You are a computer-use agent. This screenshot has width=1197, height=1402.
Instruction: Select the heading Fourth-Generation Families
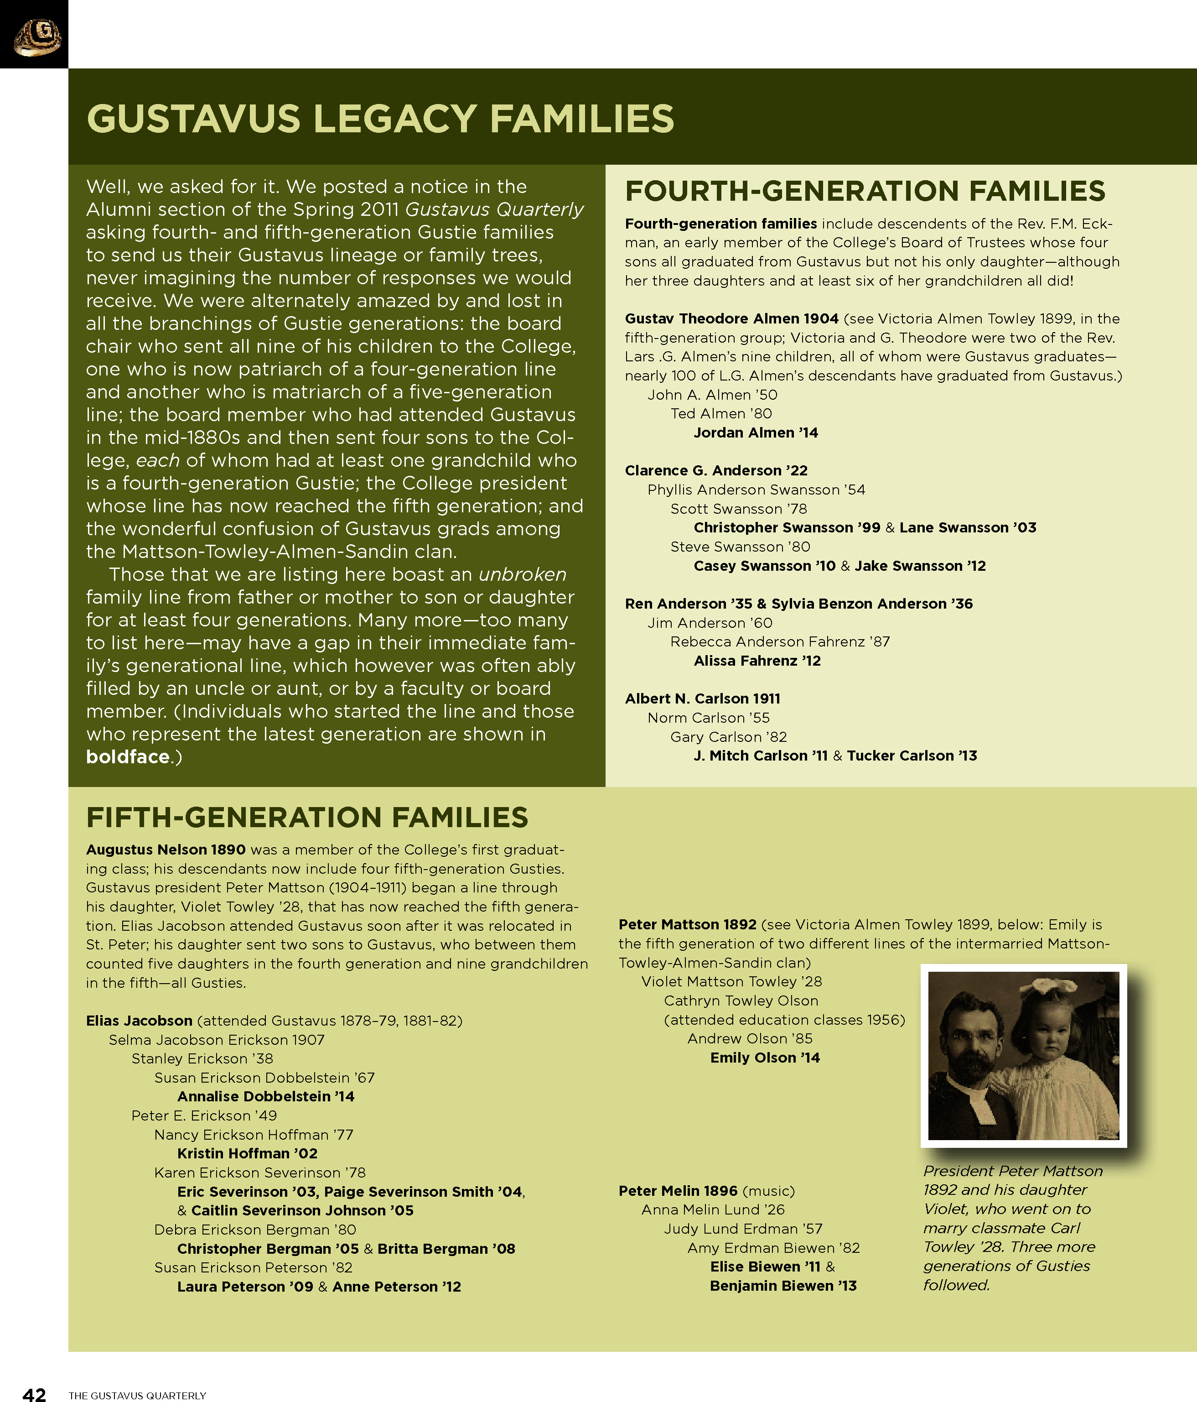pyautogui.click(x=864, y=192)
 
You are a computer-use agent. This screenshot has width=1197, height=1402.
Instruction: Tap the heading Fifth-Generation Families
pyautogui.click(x=307, y=818)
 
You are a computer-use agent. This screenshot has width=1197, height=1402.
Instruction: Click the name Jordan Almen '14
pyautogui.click(x=756, y=433)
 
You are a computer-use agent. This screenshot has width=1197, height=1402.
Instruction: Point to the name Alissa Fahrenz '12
pyautogui.click(x=757, y=661)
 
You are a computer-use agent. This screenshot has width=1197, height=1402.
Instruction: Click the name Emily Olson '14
pyautogui.click(x=764, y=1058)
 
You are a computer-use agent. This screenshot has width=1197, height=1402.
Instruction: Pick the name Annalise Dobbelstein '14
pyautogui.click(x=265, y=1096)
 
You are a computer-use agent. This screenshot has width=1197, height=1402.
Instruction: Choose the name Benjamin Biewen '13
pyautogui.click(x=782, y=1286)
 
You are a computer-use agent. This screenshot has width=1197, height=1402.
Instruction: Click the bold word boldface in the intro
pyautogui.click(x=127, y=757)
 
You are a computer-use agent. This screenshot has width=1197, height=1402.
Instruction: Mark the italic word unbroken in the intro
pyautogui.click(x=522, y=574)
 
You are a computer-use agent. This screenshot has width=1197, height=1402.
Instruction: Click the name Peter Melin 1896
pyautogui.click(x=678, y=1191)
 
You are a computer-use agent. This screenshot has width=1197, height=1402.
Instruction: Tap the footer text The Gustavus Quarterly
pyautogui.click(x=137, y=1395)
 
